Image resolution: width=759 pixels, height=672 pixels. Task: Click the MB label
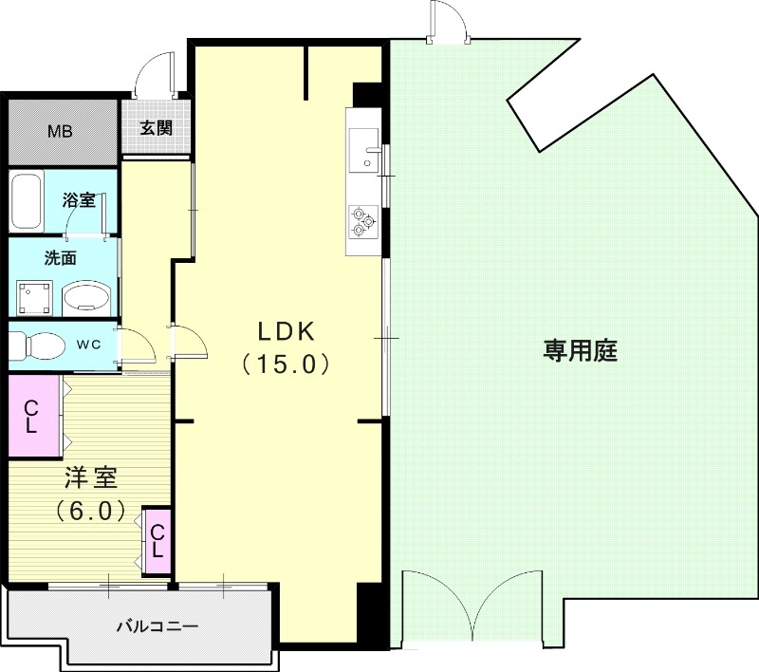coord(61,131)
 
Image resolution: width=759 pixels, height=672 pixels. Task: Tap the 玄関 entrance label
coord(157,128)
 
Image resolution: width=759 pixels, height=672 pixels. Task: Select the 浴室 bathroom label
coord(78,200)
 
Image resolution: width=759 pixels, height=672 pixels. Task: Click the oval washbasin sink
coord(86,298)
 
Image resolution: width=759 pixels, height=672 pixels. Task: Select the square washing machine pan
coord(35,297)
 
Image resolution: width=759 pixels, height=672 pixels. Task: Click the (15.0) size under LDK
coord(285,364)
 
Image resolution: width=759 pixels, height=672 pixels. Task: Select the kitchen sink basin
coord(362,153)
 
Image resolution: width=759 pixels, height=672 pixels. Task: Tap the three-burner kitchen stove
coord(363,220)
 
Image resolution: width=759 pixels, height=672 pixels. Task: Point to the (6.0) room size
coord(90,511)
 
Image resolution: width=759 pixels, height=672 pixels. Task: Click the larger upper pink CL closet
coord(31,417)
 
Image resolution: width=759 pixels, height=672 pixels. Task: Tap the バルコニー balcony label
coord(157,626)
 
